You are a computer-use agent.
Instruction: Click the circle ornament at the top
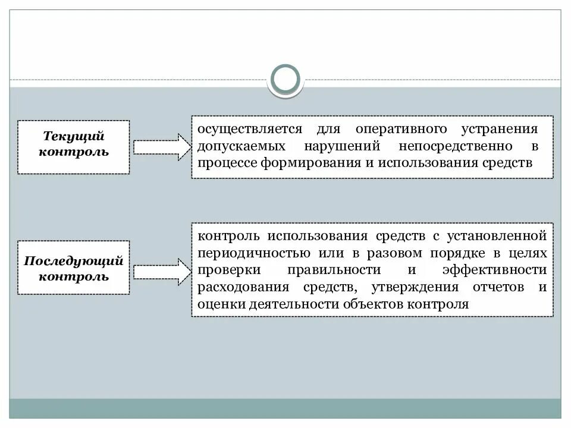pos(285,80)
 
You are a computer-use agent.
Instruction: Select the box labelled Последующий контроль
pos(74,268)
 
